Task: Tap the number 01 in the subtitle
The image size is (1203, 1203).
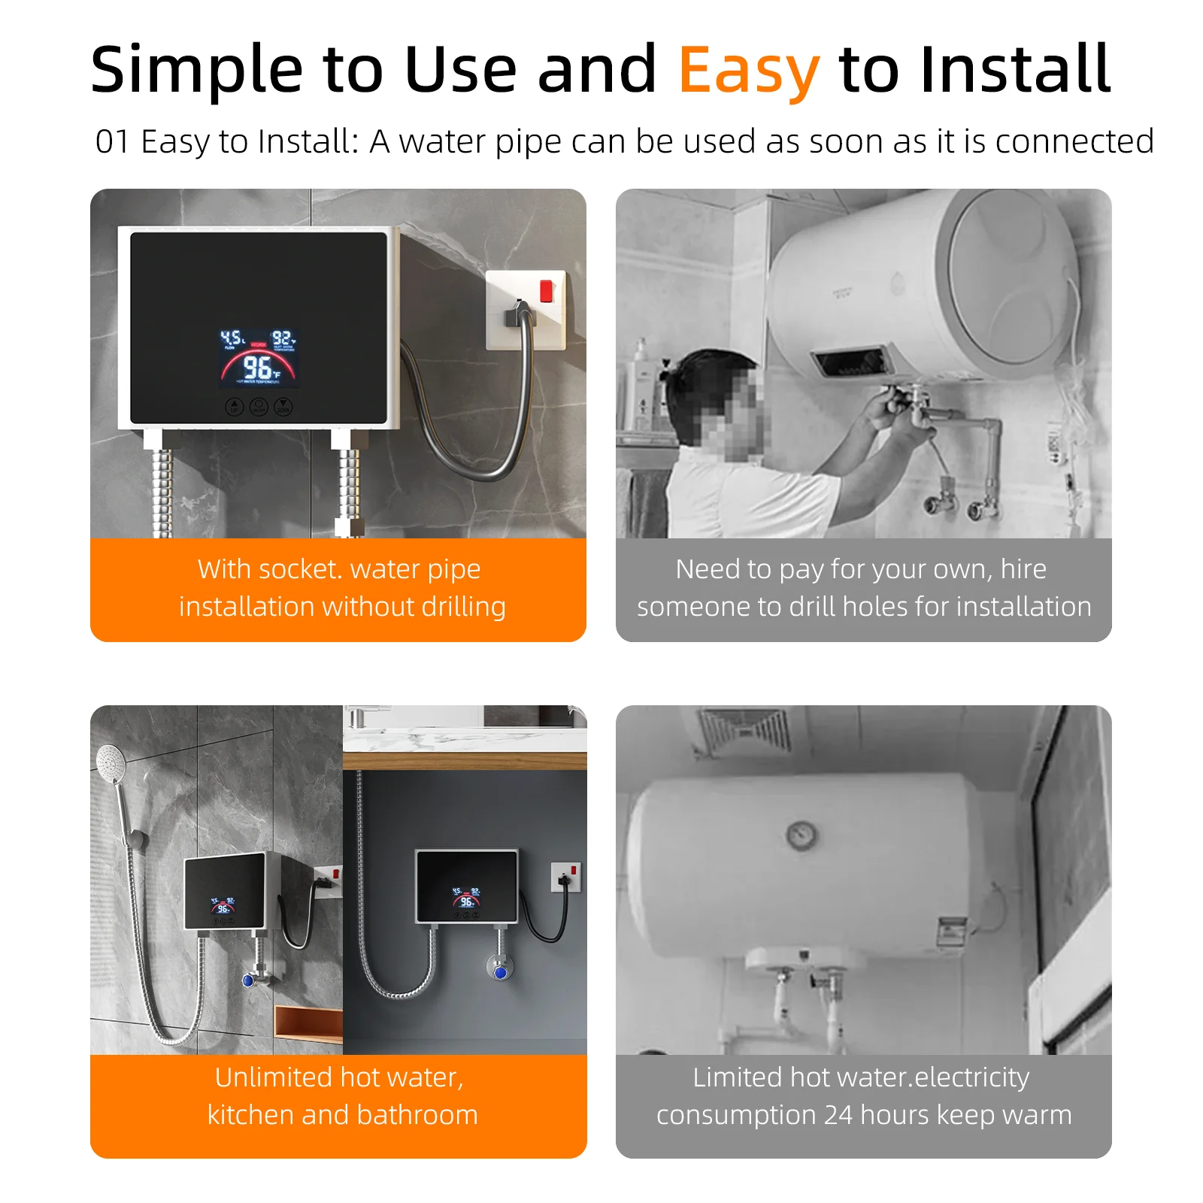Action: click(x=112, y=142)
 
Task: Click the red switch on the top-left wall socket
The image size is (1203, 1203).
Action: click(x=547, y=291)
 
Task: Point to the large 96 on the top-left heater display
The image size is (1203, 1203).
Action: click(x=257, y=368)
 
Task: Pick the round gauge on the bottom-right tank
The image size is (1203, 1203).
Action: click(x=802, y=834)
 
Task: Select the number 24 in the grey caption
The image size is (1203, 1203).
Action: click(x=838, y=1115)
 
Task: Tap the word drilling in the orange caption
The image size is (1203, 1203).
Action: click(x=463, y=607)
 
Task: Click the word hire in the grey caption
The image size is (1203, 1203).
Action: click(x=1023, y=569)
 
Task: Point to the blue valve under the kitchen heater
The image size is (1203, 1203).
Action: click(x=500, y=971)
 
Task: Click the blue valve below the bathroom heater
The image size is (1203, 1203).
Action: click(x=249, y=980)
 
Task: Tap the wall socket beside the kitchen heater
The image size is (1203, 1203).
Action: click(x=567, y=877)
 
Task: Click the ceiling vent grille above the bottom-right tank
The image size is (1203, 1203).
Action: click(x=744, y=729)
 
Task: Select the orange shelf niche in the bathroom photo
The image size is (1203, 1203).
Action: click(x=308, y=1023)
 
